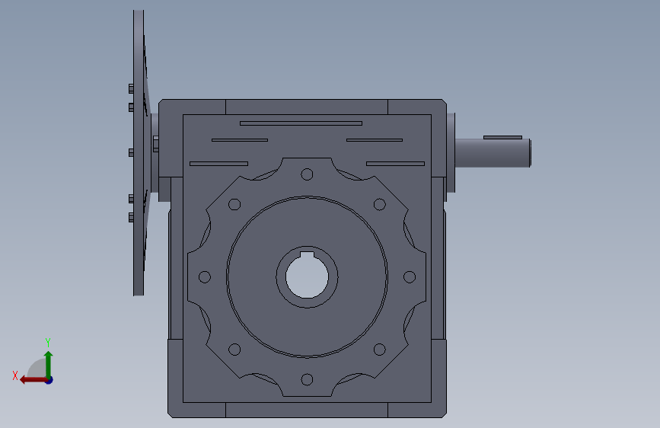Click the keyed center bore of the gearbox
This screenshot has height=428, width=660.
(x=307, y=276)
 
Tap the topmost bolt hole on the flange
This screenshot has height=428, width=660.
(x=307, y=174)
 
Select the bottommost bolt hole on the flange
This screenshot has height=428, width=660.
(x=307, y=379)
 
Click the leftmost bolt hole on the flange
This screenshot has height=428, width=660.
(x=205, y=276)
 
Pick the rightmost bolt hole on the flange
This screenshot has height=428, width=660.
(x=410, y=276)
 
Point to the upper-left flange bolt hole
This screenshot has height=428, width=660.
(x=234, y=204)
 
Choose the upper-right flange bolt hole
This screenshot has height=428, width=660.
(x=380, y=204)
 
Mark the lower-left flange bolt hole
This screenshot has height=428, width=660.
(x=234, y=350)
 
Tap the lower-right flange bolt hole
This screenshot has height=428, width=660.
(x=380, y=350)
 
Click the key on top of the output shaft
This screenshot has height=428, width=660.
(x=502, y=137)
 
